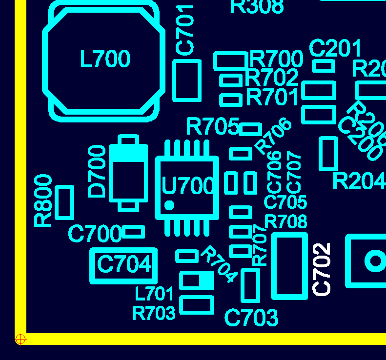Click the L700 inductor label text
(x=105, y=59)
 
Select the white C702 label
(x=322, y=269)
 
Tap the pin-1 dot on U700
(x=169, y=205)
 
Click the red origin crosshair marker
(x=20, y=339)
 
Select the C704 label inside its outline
(x=124, y=265)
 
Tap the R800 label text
(x=44, y=200)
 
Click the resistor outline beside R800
(x=64, y=202)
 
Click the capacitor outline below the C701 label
(x=187, y=80)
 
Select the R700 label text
(x=276, y=59)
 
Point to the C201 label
(x=335, y=49)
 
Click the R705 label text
(x=212, y=127)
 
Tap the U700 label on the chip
(x=188, y=186)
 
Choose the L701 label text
(x=154, y=294)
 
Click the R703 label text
(x=154, y=313)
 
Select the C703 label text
(x=251, y=318)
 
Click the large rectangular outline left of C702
(x=289, y=265)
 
